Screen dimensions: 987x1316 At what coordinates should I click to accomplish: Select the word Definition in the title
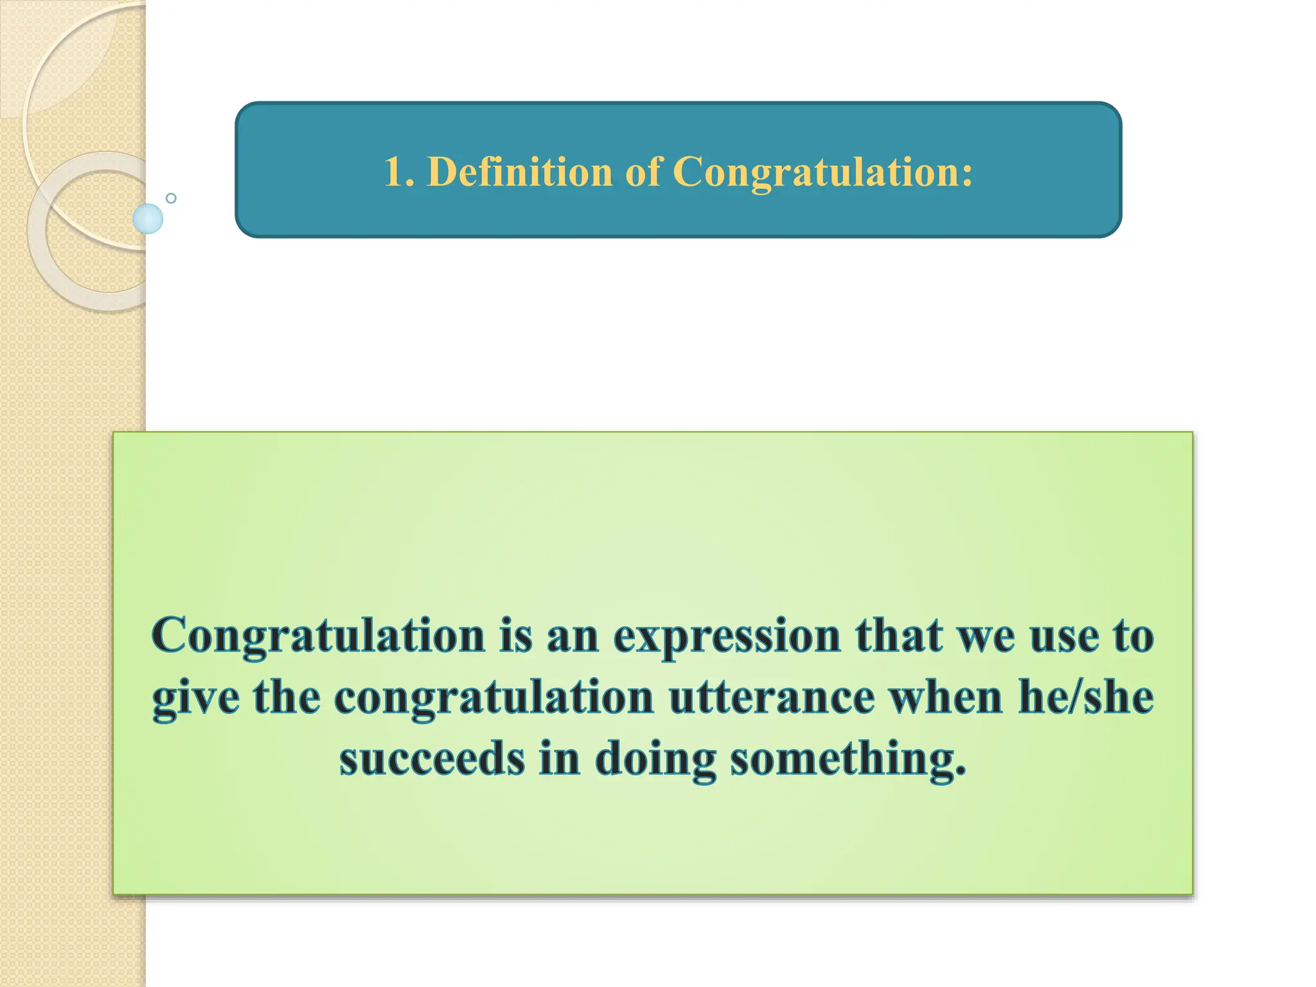(x=519, y=172)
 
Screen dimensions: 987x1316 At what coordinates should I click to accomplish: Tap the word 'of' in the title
(x=643, y=172)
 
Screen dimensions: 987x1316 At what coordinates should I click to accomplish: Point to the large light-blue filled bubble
(x=148, y=218)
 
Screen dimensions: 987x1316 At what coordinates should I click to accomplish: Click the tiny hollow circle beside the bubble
(x=171, y=198)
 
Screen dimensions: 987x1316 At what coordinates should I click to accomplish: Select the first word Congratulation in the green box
(x=318, y=636)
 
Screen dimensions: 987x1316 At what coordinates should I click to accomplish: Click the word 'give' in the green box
(x=195, y=698)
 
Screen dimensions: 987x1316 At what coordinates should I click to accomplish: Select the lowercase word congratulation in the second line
(x=493, y=699)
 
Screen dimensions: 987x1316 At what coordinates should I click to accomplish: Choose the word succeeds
(x=432, y=759)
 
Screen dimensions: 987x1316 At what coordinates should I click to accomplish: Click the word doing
(x=655, y=760)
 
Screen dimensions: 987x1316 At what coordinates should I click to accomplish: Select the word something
(x=848, y=760)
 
